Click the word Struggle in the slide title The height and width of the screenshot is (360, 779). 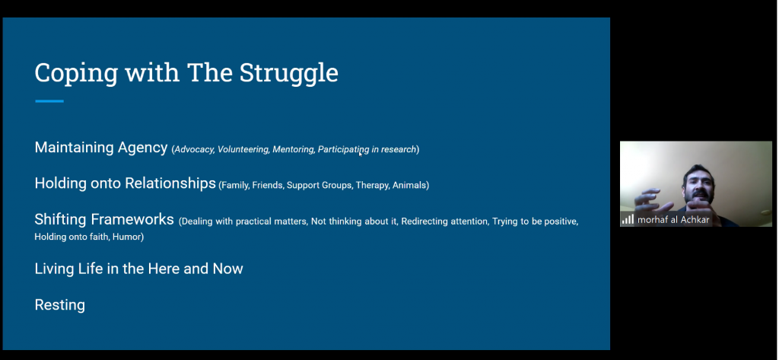coord(288,74)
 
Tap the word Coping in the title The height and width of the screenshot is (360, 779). coord(76,74)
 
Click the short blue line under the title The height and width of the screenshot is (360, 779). coord(49,101)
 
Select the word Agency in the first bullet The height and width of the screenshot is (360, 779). coord(142,148)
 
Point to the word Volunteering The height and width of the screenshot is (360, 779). coord(243,149)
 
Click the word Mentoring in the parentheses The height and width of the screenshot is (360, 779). coord(293,149)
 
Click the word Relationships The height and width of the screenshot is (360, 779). coord(170,183)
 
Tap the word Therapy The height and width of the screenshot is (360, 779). coord(372,186)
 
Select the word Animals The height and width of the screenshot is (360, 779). coord(409,185)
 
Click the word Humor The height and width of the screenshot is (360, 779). coord(127,237)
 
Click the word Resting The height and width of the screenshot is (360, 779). coord(59,304)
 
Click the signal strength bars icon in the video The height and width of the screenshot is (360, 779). coord(628,219)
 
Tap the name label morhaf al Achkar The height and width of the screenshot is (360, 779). coord(673,220)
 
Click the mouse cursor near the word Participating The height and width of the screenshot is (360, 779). coord(360,154)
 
